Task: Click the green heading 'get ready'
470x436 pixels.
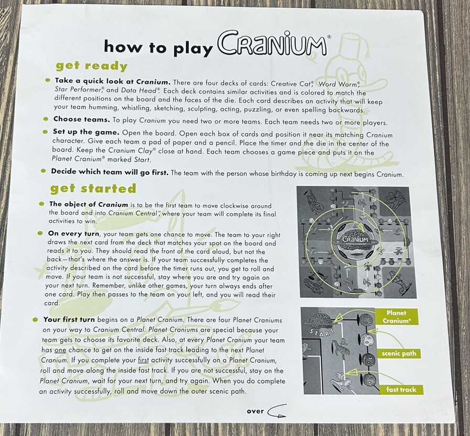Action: [x=92, y=66]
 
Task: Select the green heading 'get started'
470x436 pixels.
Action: [x=93, y=188]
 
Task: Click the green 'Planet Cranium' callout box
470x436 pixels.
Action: [x=396, y=317]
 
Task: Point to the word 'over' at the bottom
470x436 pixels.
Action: [x=255, y=411]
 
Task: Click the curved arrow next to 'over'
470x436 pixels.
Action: [x=277, y=412]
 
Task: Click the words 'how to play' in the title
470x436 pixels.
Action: [x=158, y=47]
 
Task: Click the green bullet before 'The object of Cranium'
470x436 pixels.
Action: [x=42, y=204]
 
